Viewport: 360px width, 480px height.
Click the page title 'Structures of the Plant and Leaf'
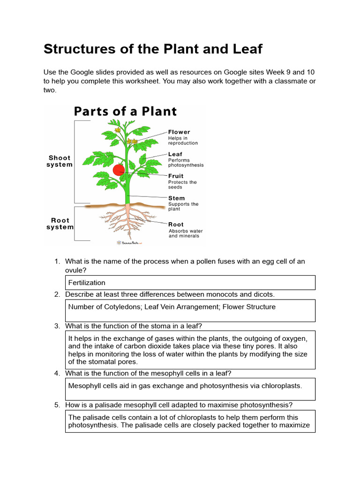coord(153,49)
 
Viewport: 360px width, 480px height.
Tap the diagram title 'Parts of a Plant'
coord(125,112)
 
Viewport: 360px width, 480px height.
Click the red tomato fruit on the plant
coord(119,170)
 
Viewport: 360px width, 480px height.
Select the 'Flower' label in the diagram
coord(179,132)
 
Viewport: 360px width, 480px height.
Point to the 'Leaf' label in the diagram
coord(175,154)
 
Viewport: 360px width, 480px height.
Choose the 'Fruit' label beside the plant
coord(176,176)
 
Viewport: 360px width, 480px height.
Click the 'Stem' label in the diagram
coord(177,198)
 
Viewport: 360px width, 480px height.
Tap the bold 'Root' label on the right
coord(176,225)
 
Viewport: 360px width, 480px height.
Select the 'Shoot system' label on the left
coord(60,161)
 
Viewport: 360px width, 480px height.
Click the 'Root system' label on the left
coord(60,224)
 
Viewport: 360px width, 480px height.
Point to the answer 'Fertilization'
coord(87,283)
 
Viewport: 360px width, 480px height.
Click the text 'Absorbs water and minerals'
coord(186,233)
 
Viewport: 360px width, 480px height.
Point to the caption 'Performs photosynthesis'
coord(186,163)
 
